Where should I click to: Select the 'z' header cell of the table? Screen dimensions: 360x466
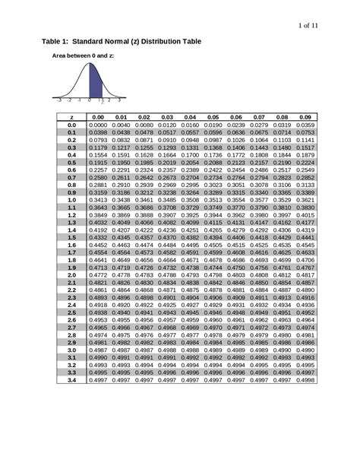(71, 117)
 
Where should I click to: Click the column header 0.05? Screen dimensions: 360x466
(213, 117)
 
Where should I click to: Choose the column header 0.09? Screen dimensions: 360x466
(305, 117)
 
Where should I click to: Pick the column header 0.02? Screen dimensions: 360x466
(144, 117)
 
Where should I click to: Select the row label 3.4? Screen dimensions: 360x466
(71, 379)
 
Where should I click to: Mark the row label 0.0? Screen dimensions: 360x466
(71, 125)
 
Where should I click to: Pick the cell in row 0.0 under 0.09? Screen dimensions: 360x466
(305, 125)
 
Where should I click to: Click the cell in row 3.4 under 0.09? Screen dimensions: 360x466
(305, 379)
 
